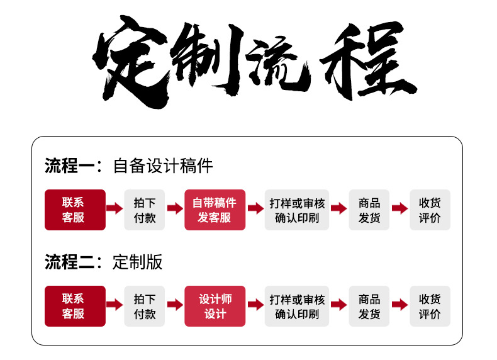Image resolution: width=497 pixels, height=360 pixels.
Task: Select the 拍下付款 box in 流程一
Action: [144, 210]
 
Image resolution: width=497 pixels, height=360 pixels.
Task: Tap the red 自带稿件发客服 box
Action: [215, 210]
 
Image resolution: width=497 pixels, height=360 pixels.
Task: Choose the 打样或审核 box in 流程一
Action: [297, 210]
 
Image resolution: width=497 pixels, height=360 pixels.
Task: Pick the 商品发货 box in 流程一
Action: [369, 210]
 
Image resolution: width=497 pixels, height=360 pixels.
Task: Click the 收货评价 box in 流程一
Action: [430, 210]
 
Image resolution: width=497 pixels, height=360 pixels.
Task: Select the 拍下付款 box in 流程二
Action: [144, 306]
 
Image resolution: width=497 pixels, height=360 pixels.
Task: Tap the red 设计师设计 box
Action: [215, 306]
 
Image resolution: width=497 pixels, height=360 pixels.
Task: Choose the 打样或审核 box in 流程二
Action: [297, 306]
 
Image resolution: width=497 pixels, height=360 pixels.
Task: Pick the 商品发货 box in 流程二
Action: [369, 306]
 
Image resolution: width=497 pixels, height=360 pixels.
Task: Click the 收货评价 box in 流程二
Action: [430, 306]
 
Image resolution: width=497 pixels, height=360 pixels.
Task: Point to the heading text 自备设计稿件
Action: [163, 166]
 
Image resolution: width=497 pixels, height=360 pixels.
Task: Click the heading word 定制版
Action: [138, 262]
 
